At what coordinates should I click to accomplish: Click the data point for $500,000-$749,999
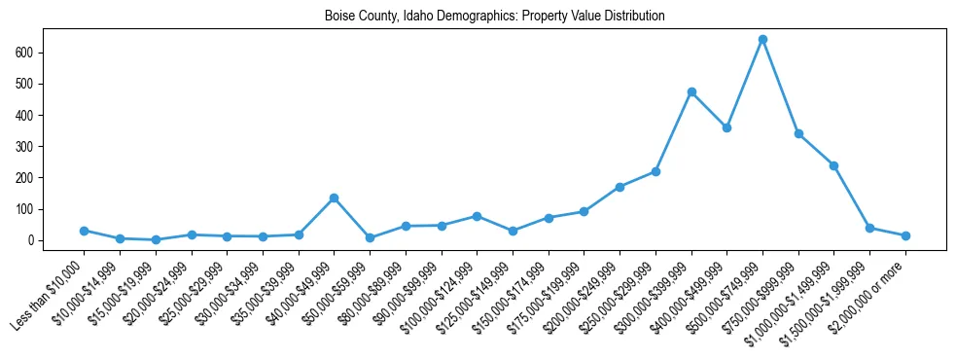pyautogui.click(x=762, y=40)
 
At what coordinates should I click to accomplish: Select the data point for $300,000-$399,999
pyautogui.click(x=691, y=92)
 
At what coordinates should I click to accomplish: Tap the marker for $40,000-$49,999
pyautogui.click(x=334, y=198)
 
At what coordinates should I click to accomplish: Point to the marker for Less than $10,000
pyautogui.click(x=84, y=231)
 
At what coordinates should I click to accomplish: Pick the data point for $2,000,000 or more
pyautogui.click(x=905, y=235)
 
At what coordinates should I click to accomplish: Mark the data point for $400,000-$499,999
pyautogui.click(x=726, y=127)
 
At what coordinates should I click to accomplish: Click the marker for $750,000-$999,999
pyautogui.click(x=798, y=133)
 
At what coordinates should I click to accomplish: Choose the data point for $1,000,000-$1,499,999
pyautogui.click(x=833, y=165)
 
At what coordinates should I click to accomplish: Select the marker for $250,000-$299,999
pyautogui.click(x=655, y=171)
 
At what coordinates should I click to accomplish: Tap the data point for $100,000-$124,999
pyautogui.click(x=477, y=216)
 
